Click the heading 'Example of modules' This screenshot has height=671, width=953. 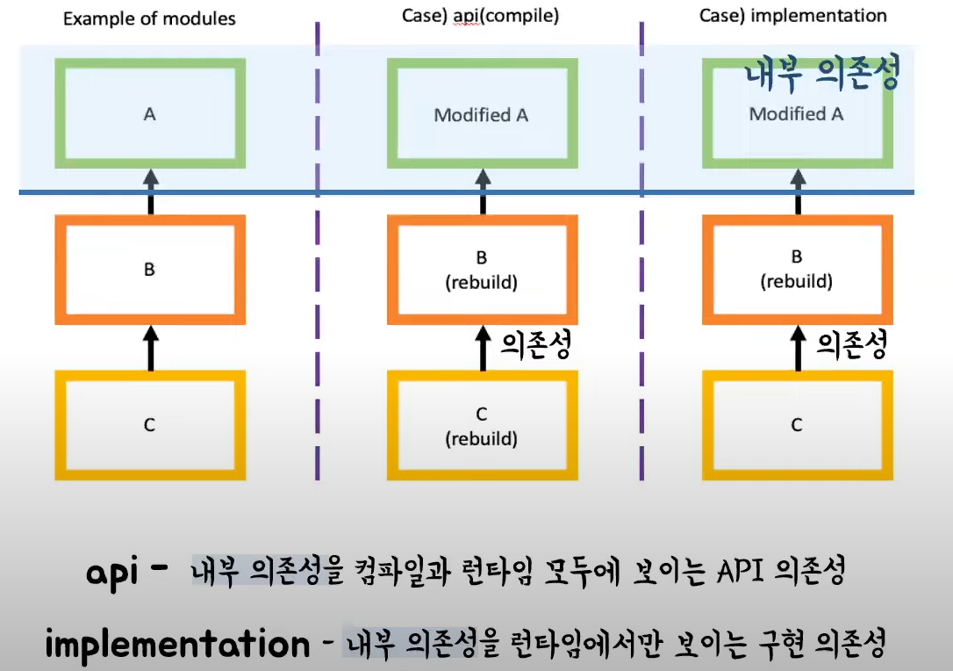(x=149, y=18)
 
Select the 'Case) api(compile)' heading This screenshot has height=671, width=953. (x=482, y=16)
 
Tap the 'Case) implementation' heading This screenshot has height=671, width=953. (x=793, y=16)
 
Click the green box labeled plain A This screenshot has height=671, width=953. (x=149, y=114)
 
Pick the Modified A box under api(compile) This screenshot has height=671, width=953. (x=482, y=114)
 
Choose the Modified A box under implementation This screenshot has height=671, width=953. (x=797, y=114)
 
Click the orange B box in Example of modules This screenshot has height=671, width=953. (x=149, y=270)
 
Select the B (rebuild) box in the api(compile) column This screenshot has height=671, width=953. (x=482, y=270)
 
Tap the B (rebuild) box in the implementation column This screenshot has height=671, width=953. (x=797, y=270)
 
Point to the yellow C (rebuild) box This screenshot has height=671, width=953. (x=482, y=425)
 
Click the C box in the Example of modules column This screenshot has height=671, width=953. (x=149, y=425)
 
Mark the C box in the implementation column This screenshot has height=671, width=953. (x=797, y=425)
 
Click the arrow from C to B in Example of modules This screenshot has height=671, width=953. (x=150, y=348)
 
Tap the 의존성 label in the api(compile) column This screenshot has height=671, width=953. (x=536, y=344)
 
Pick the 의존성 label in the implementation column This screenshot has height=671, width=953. (x=851, y=344)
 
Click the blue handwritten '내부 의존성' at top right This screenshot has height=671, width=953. (x=822, y=76)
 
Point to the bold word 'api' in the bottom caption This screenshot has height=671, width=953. (x=115, y=574)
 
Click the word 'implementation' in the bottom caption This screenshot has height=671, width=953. (x=177, y=645)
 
